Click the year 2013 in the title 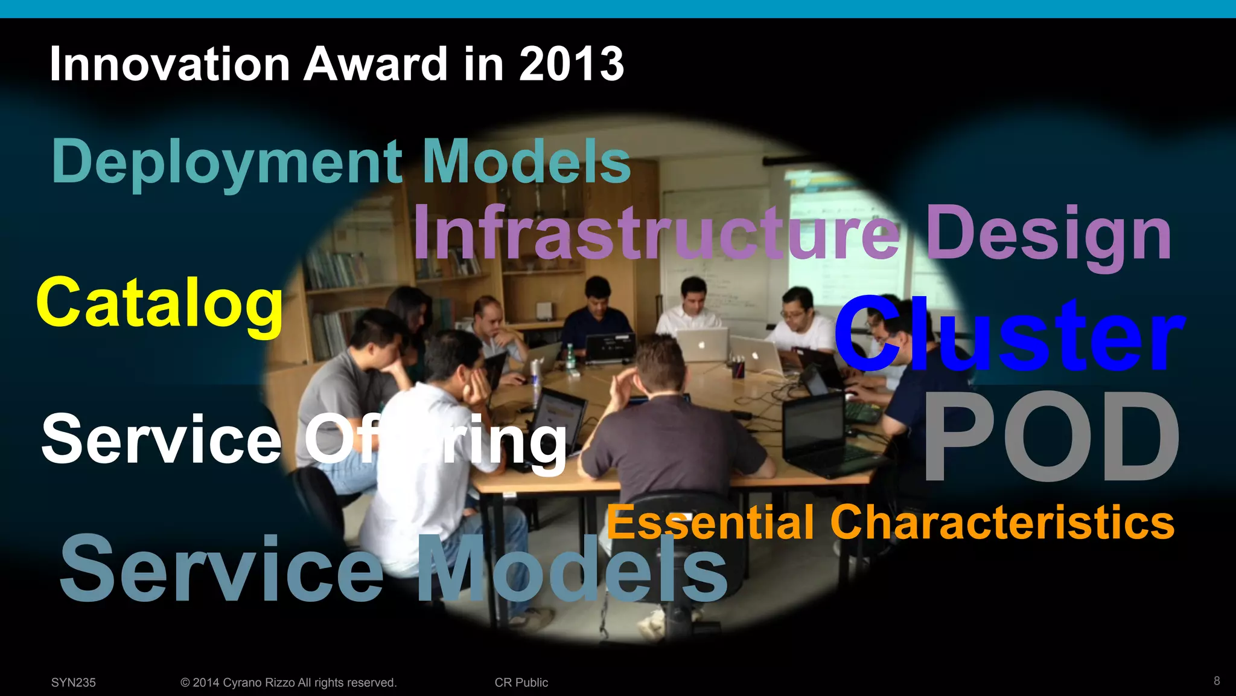coord(571,64)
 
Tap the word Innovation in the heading coord(170,64)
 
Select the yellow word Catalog coord(160,303)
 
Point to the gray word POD coord(1051,436)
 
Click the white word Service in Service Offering coord(161,439)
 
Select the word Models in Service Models coord(572,570)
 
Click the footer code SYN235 coord(74,682)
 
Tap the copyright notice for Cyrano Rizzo coord(288,682)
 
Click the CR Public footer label coord(521,682)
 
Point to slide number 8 coord(1217,681)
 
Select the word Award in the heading coord(376,64)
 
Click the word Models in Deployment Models coord(526,162)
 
